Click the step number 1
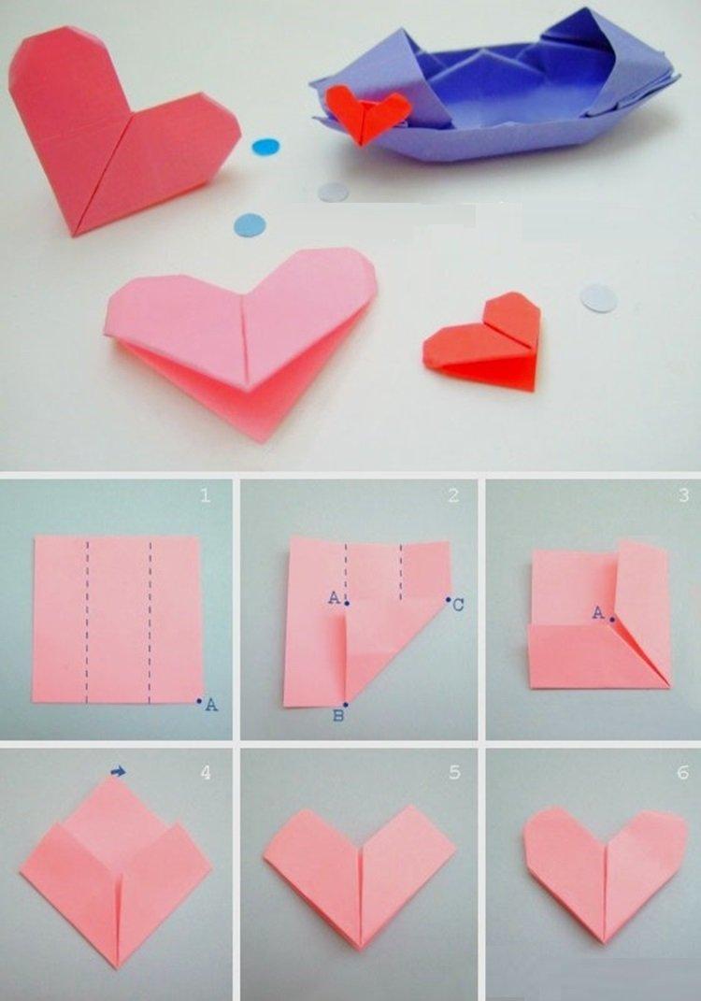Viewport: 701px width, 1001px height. tap(205, 495)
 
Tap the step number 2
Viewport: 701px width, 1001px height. tap(452, 495)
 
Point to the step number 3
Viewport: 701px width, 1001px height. tap(683, 495)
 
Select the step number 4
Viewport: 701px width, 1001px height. tap(205, 773)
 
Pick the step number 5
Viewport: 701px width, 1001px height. tap(454, 773)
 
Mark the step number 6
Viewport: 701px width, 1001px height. tap(683, 773)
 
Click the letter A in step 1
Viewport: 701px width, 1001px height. tap(211, 706)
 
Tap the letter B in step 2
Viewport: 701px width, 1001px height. tap(339, 717)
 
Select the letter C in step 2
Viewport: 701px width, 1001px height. tap(458, 606)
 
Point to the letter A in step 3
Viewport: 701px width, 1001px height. tap(598, 612)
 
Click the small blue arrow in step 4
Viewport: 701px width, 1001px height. tap(119, 771)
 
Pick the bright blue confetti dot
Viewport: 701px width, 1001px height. tap(265, 147)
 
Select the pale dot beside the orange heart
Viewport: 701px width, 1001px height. tap(598, 298)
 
